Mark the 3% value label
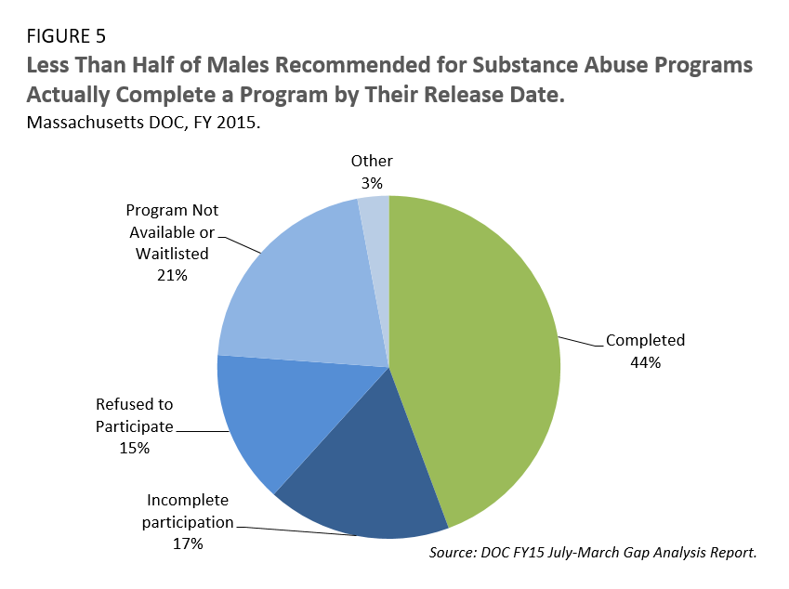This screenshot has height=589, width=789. pyautogui.click(x=372, y=184)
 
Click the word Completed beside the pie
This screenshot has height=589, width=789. pyautogui.click(x=645, y=340)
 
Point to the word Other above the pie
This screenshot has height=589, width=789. pyautogui.click(x=372, y=162)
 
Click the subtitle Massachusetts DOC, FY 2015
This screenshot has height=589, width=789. pyautogui.click(x=142, y=123)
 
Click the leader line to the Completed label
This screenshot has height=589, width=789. pyautogui.click(x=580, y=343)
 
